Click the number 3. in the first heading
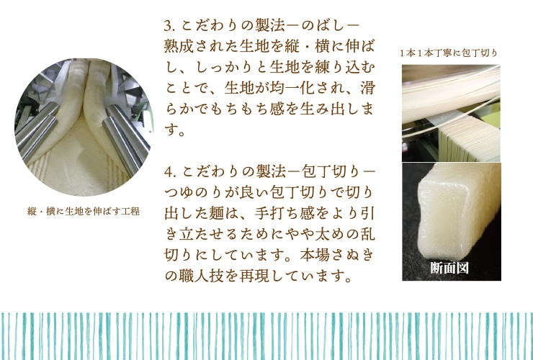(x=169, y=26)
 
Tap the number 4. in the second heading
(x=169, y=171)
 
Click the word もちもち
(x=239, y=109)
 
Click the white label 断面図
(x=449, y=268)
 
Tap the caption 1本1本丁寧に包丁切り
(x=449, y=53)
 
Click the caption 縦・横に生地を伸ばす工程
(x=84, y=212)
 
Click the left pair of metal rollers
(x=37, y=131)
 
